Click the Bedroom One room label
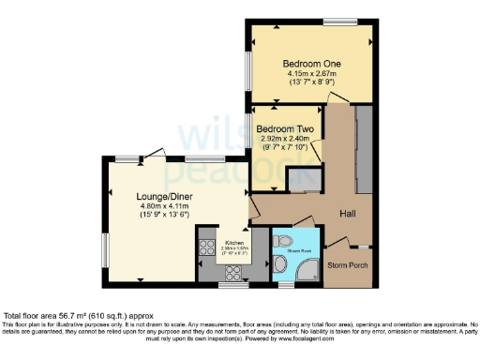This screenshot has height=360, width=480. pos(311,64)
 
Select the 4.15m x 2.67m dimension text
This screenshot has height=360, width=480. pos(311,74)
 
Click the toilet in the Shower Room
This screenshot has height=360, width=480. pos(279,241)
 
